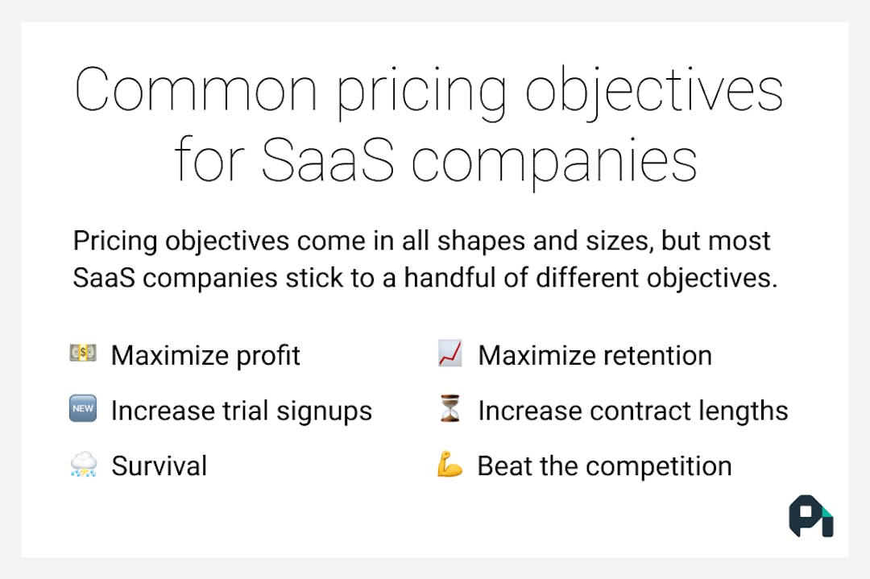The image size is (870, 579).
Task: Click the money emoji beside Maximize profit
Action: tap(83, 354)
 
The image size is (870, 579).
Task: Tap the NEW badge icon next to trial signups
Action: tap(83, 410)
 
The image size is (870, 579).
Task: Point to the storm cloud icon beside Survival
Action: tap(83, 465)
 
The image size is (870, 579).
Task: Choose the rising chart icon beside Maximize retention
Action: tap(449, 354)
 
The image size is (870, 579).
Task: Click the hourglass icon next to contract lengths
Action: tap(449, 410)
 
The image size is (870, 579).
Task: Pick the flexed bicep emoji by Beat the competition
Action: tap(449, 465)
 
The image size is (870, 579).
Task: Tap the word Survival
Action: tap(159, 466)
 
